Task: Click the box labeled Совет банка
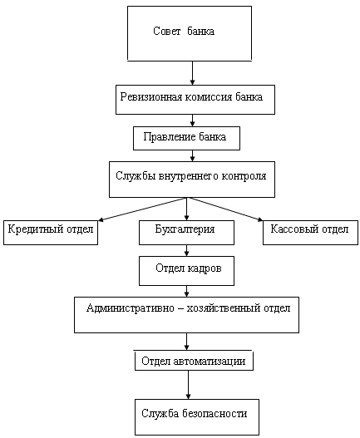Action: click(x=190, y=33)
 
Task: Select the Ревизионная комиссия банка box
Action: click(x=195, y=100)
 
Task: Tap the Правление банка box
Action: click(x=186, y=138)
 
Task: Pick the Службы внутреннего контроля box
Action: click(x=192, y=180)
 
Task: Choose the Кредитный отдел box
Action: click(x=51, y=233)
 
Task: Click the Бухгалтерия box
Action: click(x=186, y=233)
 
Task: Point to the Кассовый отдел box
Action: click(x=310, y=233)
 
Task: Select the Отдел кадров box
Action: click(x=186, y=271)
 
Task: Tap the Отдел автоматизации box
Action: click(x=194, y=361)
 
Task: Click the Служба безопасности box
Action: click(x=197, y=417)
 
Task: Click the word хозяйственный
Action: click(x=224, y=308)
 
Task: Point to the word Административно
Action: click(x=131, y=308)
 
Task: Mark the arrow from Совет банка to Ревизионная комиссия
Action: click(x=192, y=73)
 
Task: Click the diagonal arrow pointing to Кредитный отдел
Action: click(x=142, y=209)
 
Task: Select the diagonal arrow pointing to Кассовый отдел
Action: click(x=225, y=209)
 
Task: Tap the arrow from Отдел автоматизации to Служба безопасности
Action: click(x=188, y=385)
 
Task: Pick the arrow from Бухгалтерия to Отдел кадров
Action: click(x=187, y=250)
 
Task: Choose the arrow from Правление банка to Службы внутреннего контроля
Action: click(x=192, y=155)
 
